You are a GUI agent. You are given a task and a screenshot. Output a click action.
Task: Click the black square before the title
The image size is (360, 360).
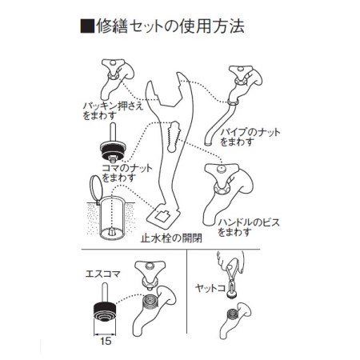pos(87,26)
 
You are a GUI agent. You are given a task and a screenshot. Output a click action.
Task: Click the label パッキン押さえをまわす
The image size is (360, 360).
pos(113,110)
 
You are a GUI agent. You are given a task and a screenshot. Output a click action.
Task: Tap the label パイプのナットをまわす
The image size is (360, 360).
pos(250,137)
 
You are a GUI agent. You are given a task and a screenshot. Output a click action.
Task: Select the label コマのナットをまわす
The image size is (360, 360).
pos(127,173)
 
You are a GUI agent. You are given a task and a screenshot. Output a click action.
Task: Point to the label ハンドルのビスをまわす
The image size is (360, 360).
pos(249,227)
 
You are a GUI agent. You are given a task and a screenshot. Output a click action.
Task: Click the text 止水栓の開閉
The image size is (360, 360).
pos(171,238)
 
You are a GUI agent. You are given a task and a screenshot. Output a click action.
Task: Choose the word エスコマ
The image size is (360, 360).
pos(103,274)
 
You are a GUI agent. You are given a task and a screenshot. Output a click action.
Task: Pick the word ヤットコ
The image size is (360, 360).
pos(210,288)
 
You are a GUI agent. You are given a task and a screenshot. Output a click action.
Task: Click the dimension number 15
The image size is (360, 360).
pos(106,341)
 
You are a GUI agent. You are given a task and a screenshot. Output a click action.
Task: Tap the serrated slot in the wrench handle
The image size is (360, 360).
pos(174,136)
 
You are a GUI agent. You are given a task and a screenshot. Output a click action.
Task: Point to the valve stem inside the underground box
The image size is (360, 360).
pos(112,231)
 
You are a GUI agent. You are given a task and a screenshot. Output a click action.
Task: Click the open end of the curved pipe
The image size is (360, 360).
pos(208,144)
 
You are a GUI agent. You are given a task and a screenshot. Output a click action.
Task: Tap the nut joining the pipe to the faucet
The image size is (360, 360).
pos(234,102)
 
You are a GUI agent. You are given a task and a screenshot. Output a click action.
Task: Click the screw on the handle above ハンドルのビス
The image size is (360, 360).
pos(221,169)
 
